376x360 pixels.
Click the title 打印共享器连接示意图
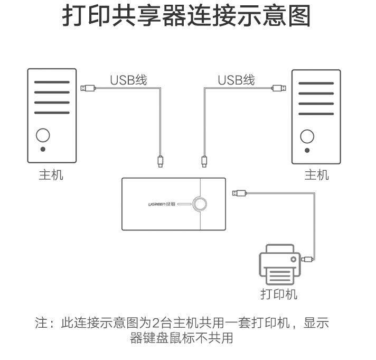(x=187, y=18)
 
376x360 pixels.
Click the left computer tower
(x=51, y=116)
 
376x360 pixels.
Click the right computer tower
(x=316, y=116)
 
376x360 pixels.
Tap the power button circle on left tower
(x=43, y=135)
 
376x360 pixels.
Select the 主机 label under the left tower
(x=51, y=175)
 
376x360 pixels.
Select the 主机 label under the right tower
(x=316, y=175)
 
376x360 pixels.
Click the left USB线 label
(x=128, y=80)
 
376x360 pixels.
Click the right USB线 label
(x=236, y=80)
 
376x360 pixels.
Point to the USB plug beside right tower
(x=279, y=88)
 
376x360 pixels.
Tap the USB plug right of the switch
(x=239, y=193)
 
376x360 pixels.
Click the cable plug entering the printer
(x=307, y=259)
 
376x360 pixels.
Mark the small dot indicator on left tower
(x=43, y=149)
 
